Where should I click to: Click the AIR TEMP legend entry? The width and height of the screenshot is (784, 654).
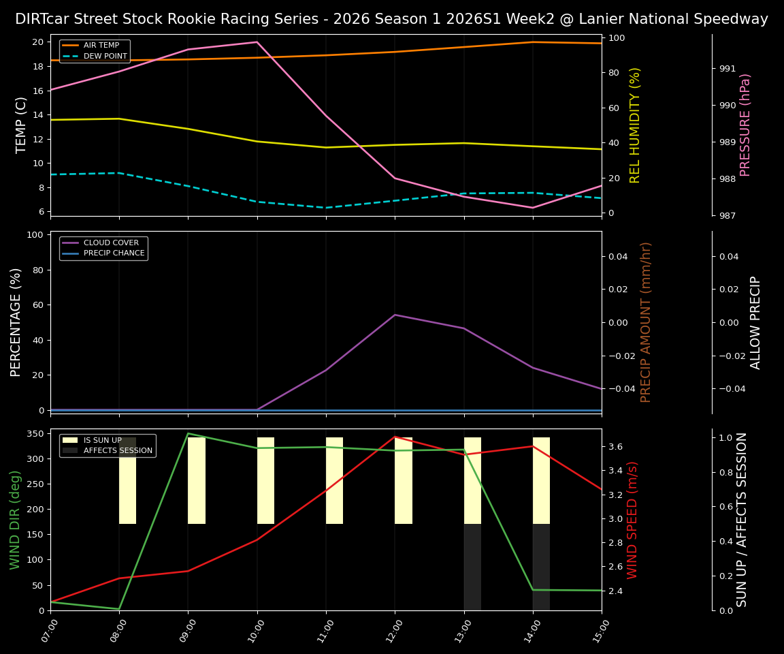[x=101, y=46]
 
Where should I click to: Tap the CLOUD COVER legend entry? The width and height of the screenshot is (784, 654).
[x=110, y=243]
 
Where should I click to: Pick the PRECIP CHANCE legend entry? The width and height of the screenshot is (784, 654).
[x=114, y=253]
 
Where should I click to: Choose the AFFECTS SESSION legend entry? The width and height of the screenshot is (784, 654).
[x=118, y=450]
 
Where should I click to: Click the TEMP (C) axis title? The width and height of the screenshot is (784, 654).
[x=21, y=125]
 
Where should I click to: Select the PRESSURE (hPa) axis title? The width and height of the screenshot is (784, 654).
[x=745, y=125]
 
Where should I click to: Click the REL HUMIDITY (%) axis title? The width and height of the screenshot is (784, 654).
[x=635, y=125]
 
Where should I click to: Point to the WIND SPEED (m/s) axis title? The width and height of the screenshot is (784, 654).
[x=633, y=519]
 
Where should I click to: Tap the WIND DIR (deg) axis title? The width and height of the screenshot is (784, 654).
[x=15, y=519]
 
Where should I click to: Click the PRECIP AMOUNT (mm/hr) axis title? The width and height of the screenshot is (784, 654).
[x=646, y=322]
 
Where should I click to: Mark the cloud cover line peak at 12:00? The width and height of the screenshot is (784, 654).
[x=395, y=315]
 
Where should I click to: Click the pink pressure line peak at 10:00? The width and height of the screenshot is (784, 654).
[x=257, y=42]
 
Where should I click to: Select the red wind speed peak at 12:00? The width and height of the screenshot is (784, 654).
[x=395, y=437]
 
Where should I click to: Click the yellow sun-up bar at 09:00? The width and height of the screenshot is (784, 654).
[x=197, y=480]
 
